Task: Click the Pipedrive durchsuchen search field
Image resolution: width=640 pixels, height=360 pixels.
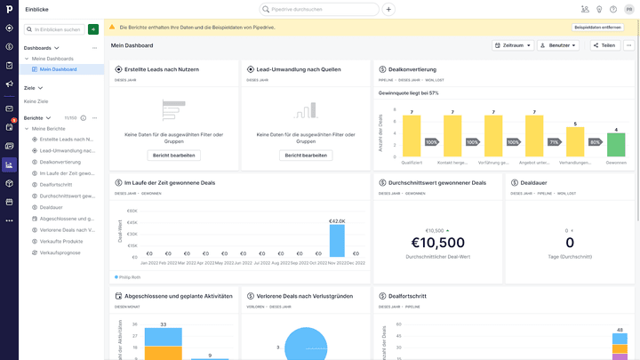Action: pyautogui.click(x=320, y=9)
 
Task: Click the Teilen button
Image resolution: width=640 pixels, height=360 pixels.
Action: pyautogui.click(x=604, y=45)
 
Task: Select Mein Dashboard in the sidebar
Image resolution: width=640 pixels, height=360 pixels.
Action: pyautogui.click(x=58, y=69)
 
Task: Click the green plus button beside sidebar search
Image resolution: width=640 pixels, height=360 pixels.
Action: pyautogui.click(x=93, y=29)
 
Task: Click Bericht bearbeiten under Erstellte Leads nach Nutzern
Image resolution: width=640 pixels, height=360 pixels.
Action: pyautogui.click(x=173, y=155)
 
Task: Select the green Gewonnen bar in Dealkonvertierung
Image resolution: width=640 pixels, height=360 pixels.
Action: pyautogui.click(x=616, y=145)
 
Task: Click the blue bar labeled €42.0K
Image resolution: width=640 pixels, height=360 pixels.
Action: pyautogui.click(x=337, y=240)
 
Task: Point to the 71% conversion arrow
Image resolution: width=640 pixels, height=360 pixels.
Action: pyautogui.click(x=554, y=141)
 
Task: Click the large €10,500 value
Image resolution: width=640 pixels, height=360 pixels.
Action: pyautogui.click(x=438, y=243)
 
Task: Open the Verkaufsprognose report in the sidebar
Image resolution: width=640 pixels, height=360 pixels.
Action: pyautogui.click(x=61, y=252)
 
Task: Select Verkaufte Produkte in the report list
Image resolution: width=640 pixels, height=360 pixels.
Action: pyautogui.click(x=61, y=241)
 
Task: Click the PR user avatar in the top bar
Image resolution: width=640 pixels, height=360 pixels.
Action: pyautogui.click(x=628, y=9)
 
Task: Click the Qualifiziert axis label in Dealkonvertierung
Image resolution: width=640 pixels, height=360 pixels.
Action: pyautogui.click(x=412, y=163)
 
